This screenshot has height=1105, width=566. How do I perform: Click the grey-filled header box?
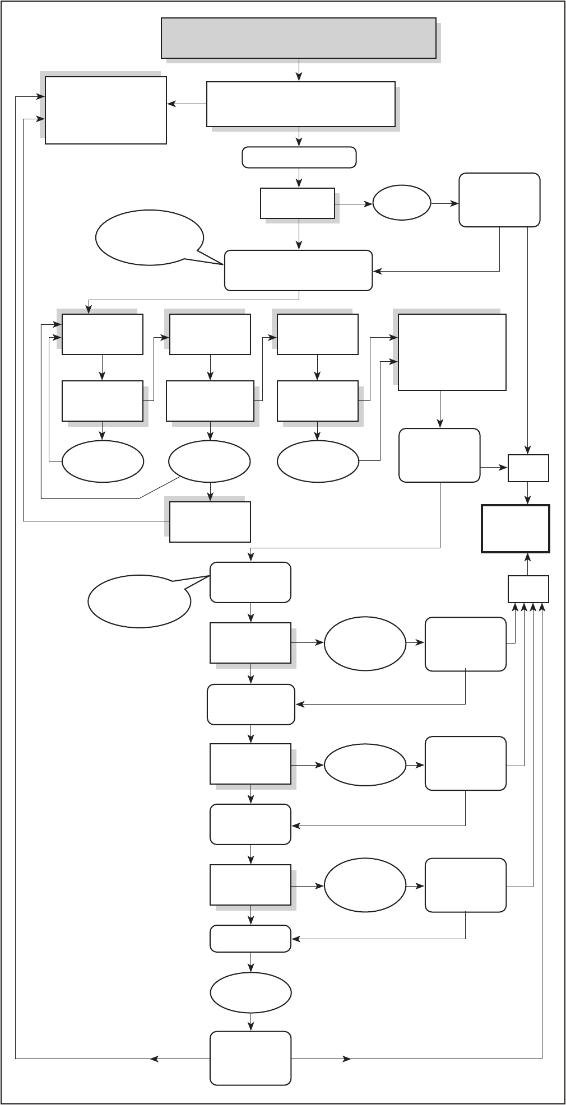pyautogui.click(x=299, y=38)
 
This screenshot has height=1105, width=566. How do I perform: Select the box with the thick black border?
pyautogui.click(x=516, y=529)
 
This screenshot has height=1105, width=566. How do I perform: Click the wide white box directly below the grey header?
pyautogui.click(x=300, y=104)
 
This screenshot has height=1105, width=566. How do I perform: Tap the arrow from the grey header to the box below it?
pyautogui.click(x=299, y=70)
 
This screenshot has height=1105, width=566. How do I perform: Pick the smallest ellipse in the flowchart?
pyautogui.click(x=402, y=202)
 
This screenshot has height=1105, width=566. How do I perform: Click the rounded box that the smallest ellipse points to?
pyautogui.click(x=499, y=200)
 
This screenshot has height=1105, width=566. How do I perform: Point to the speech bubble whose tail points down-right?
pyautogui.click(x=149, y=237)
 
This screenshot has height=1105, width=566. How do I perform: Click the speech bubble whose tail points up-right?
pyautogui.click(x=140, y=601)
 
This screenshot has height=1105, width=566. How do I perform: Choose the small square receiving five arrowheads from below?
pyautogui.click(x=528, y=589)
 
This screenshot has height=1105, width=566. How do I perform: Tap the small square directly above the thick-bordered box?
pyautogui.click(x=528, y=468)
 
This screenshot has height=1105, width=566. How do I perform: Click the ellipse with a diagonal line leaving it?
pyautogui.click(x=210, y=461)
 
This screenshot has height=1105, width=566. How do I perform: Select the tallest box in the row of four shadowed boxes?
pyautogui.click(x=452, y=352)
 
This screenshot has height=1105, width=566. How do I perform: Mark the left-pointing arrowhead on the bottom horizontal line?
pyautogui.click(x=154, y=1059)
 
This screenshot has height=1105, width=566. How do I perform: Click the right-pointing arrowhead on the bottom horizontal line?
pyautogui.click(x=348, y=1059)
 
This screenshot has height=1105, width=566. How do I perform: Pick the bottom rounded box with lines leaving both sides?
pyautogui.click(x=250, y=1059)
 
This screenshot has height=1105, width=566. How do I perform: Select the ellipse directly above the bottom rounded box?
pyautogui.click(x=250, y=992)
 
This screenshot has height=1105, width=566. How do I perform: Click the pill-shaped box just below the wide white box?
pyautogui.click(x=299, y=157)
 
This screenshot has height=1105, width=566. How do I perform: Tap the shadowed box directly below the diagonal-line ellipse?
pyautogui.click(x=210, y=522)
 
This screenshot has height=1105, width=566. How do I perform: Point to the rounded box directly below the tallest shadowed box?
pyautogui.click(x=439, y=455)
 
